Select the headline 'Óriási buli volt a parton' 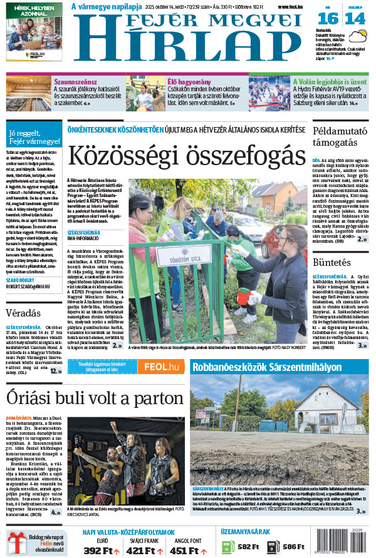click(95, 398)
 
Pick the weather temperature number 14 click(355, 18)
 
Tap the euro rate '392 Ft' click(101, 550)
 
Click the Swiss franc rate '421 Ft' click(144, 550)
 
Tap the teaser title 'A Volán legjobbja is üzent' click(330, 81)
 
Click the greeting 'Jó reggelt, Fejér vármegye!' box click(34, 137)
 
